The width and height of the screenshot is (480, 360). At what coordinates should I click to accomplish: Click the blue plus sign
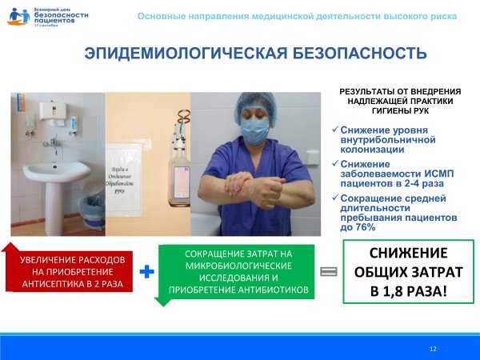click(x=147, y=273)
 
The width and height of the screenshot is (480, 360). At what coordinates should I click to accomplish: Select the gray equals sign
click(x=327, y=272)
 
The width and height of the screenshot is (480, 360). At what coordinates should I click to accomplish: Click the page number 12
click(x=433, y=349)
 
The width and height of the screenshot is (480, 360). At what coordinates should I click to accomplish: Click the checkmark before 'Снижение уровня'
click(x=334, y=130)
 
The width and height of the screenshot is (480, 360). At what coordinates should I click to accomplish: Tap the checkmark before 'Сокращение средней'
click(x=334, y=198)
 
